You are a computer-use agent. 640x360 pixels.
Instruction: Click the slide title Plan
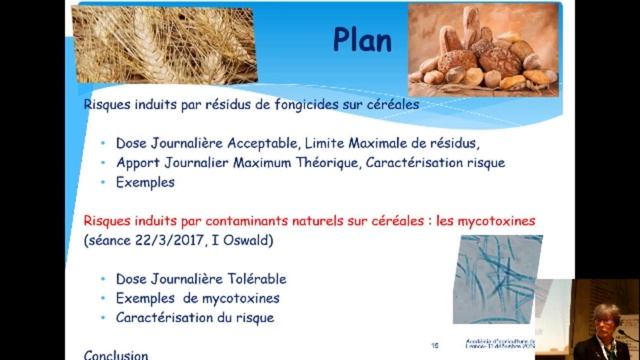[362, 41]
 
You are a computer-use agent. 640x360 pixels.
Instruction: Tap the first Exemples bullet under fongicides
[145, 183]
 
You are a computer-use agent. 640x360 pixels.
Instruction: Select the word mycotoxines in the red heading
[495, 220]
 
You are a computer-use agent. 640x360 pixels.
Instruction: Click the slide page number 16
[435, 345]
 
